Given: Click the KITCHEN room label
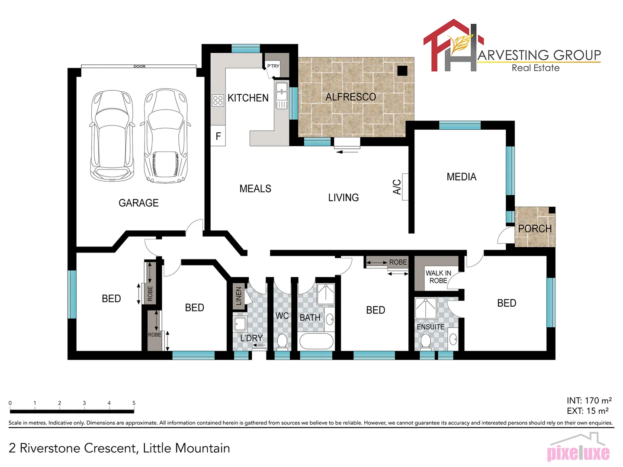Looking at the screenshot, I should point(248,98).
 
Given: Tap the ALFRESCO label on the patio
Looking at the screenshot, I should point(350,97).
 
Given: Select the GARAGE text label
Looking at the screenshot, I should point(138,203).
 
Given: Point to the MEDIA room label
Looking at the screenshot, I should point(461,177).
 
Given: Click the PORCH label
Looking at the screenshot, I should point(535,229).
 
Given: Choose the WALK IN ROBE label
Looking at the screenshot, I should point(438,277).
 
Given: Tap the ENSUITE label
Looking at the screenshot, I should point(430,327).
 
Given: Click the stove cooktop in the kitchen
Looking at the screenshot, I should point(218,101).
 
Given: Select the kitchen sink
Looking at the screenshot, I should point(282,91).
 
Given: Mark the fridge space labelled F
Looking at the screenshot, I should point(218,136).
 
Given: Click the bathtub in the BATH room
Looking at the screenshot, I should point(316,341).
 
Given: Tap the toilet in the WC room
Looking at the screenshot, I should point(282,341).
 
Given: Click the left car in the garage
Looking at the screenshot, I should point(110,136).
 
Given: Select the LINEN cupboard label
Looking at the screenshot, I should point(238,296).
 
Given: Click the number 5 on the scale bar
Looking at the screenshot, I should point(134,403).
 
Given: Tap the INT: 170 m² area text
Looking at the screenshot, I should point(589,401).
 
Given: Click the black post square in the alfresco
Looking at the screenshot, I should point(402,70).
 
